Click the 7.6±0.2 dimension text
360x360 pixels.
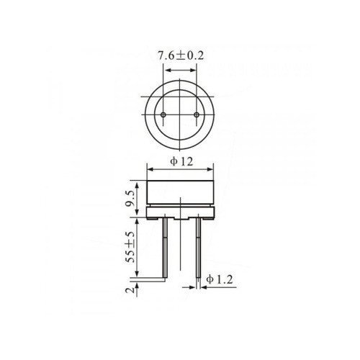pos(180,55)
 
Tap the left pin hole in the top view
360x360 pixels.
pos(164,115)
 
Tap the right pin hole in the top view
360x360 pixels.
pos(196,115)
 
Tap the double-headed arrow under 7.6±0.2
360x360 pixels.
pos(180,70)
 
